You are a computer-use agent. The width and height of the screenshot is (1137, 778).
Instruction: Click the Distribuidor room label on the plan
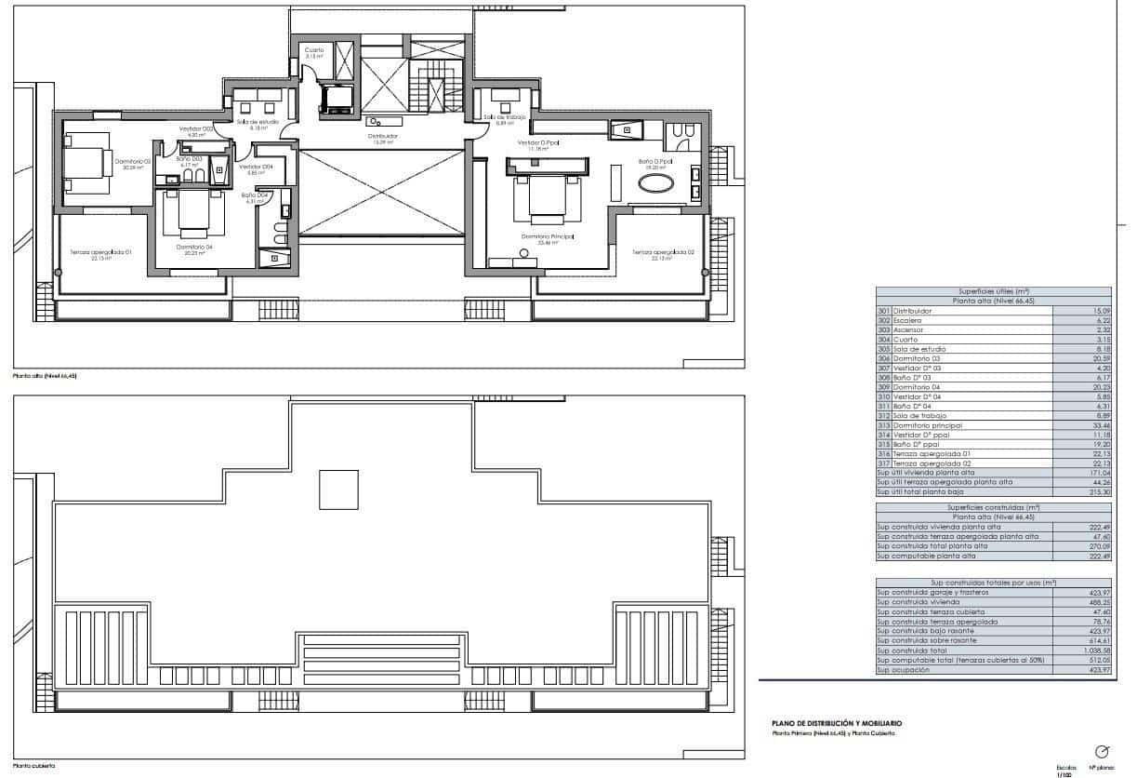tap(385, 136)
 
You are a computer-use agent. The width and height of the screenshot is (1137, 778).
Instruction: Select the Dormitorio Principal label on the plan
tap(548, 236)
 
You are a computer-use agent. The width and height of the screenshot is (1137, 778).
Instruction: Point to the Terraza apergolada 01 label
tap(101, 252)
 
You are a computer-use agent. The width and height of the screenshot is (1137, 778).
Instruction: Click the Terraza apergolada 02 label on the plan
tap(659, 252)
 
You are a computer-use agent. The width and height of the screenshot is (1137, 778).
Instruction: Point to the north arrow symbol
tap(1103, 751)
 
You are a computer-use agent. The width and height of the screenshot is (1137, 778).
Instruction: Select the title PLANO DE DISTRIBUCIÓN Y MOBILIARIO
tap(837, 723)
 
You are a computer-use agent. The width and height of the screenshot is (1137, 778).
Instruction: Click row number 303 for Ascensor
tap(883, 330)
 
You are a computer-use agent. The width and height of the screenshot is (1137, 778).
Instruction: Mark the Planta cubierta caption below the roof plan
tap(33, 765)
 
